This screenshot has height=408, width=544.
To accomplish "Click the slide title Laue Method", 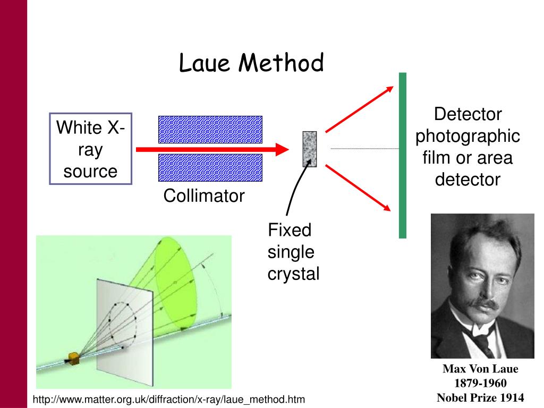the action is [251, 63].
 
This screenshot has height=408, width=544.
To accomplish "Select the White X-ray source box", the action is [90, 149].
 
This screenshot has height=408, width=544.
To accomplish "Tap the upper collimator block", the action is [210, 130].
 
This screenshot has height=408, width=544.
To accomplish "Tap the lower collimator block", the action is [210, 167].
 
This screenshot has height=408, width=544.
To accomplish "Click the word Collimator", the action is [203, 196].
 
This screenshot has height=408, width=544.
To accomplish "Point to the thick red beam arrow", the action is [212, 149].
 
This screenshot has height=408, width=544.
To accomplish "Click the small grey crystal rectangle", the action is [309, 149].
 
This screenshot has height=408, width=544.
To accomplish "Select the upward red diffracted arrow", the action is [361, 109].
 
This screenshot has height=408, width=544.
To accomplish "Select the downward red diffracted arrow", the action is [361, 189].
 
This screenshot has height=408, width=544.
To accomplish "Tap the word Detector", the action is [467, 114].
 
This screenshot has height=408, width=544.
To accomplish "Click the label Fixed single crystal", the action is [293, 252].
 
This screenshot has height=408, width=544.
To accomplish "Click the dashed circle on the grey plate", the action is [122, 322].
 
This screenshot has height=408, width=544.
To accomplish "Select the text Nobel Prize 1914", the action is [480, 397].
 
